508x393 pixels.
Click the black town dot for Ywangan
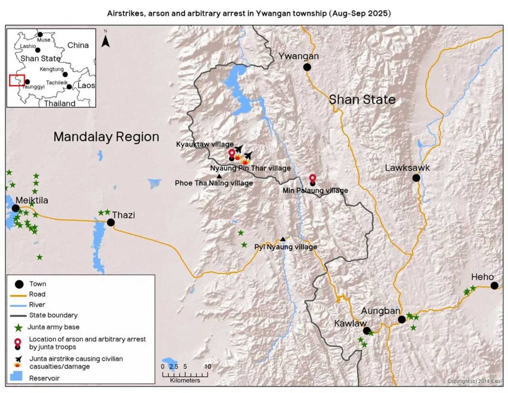pos(307,67)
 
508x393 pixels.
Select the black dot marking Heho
pos(494,285)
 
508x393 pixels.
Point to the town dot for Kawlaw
pos(366,330)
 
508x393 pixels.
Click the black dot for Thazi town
pos(111,222)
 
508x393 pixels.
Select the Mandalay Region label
pos(106,137)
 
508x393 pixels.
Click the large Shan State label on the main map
pos(362,99)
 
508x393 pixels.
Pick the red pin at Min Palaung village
pos(312,178)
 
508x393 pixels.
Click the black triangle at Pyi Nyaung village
pos(283,239)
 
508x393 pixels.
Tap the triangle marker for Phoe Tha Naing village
pos(219,176)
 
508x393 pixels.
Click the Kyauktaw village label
pos(205,144)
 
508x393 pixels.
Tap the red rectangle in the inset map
pos(17,80)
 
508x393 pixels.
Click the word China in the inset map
pos(78,45)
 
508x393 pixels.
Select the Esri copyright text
pos(474,382)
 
